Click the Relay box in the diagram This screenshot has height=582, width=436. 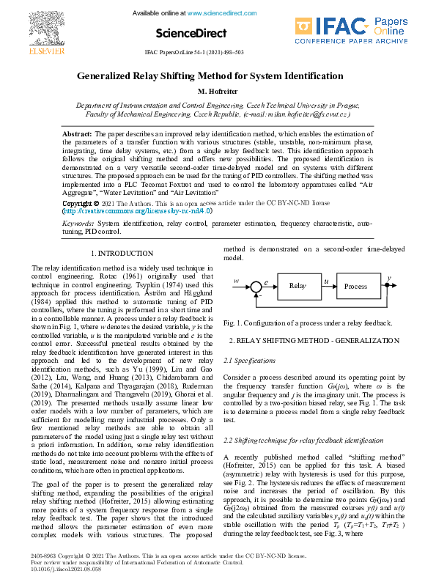(x=297, y=286)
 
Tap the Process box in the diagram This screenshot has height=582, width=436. (x=355, y=286)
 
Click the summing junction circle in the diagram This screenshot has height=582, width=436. (x=256, y=286)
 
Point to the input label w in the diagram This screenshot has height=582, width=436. (x=236, y=281)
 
